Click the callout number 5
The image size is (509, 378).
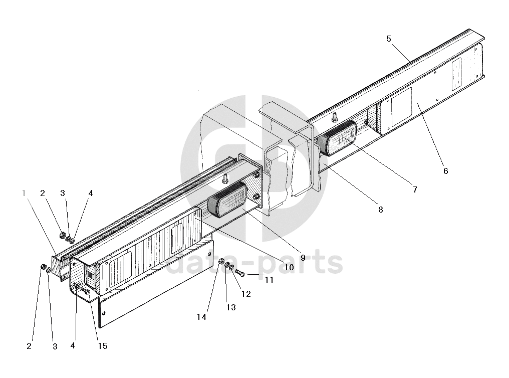(389, 39)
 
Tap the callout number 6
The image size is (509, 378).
(445, 171)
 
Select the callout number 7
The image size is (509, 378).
(414, 190)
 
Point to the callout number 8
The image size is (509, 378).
(380, 210)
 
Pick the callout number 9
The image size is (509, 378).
(303, 258)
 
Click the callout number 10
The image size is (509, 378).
(289, 267)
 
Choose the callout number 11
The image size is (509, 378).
(270, 280)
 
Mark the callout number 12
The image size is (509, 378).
(246, 294)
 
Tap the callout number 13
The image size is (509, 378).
(230, 307)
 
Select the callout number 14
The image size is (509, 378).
(201, 317)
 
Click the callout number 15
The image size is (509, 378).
(103, 346)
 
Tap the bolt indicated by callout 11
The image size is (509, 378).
(239, 273)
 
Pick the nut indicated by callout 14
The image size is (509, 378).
(222, 260)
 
